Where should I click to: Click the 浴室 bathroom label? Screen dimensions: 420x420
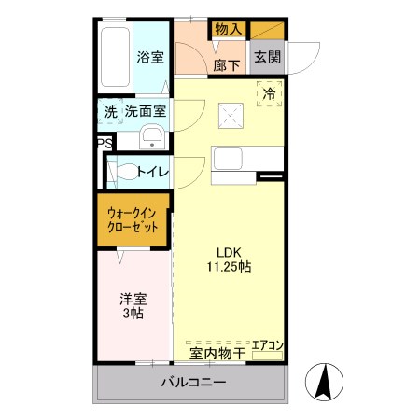[150, 57]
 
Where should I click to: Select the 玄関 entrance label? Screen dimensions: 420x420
[267, 57]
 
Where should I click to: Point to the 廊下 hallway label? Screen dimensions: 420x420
[226, 65]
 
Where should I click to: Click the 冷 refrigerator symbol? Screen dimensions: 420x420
[270, 94]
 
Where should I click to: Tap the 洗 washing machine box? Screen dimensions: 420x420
[110, 112]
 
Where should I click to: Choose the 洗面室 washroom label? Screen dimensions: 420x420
[147, 112]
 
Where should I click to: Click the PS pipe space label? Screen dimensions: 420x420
[103, 144]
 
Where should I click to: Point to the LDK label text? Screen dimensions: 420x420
[230, 251]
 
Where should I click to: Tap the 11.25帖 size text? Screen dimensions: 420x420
[230, 267]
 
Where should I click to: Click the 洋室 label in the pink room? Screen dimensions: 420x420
[132, 301]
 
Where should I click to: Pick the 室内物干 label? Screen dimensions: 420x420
[217, 353]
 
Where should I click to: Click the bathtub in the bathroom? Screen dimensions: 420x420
[115, 56]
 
